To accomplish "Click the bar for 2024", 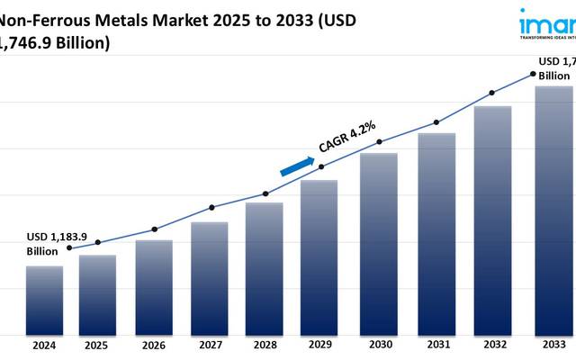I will (x=44, y=300).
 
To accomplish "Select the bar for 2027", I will (x=209, y=277).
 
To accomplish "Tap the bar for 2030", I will (x=379, y=243).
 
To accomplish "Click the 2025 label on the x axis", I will (x=98, y=345).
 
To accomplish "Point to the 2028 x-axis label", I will (x=265, y=345).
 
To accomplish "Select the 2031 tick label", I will (x=436, y=345).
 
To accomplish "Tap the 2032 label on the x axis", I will (x=492, y=345).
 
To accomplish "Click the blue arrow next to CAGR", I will (x=297, y=166).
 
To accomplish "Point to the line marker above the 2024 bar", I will (x=70, y=247).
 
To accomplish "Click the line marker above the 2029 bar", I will (x=321, y=166).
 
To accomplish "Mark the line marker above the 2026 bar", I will (x=154, y=229).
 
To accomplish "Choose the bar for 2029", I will (x=319, y=256).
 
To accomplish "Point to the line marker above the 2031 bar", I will (x=436, y=122).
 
